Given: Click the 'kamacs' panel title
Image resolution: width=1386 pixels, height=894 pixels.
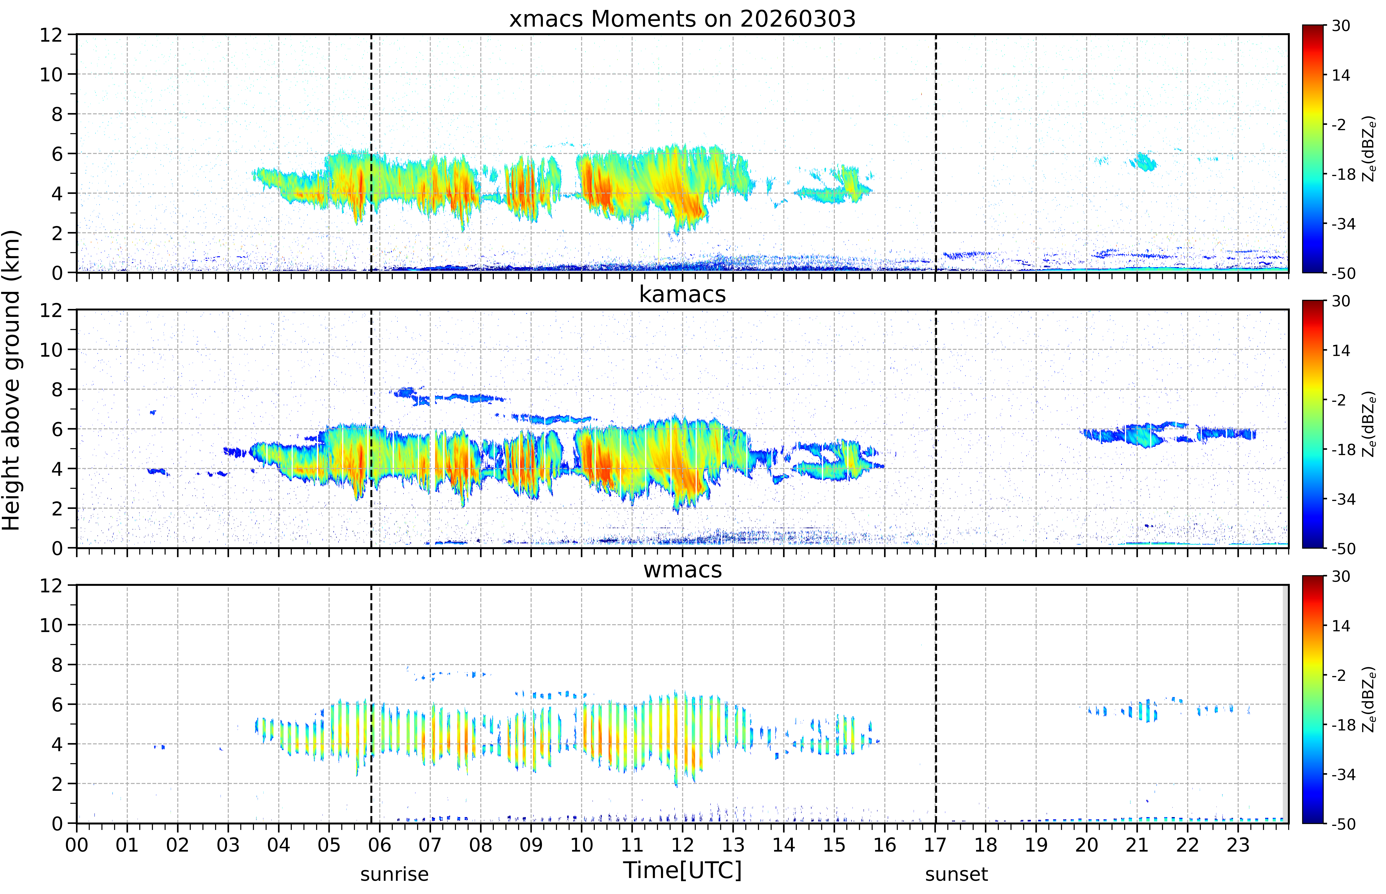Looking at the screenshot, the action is coord(682,294).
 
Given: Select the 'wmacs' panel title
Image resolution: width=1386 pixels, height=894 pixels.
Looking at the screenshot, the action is coord(682,569).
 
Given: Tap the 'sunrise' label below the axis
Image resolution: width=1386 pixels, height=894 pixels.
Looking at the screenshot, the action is coord(394,874).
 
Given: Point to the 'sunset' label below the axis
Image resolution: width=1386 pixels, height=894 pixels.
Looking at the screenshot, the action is coord(956,874).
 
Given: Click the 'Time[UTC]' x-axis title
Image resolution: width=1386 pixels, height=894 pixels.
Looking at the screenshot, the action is coord(682,870).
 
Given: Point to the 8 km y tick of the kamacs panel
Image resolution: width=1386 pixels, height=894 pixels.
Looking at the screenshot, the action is coord(57,390).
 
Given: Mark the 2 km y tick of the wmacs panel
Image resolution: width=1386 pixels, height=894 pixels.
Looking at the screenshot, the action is coord(57,784).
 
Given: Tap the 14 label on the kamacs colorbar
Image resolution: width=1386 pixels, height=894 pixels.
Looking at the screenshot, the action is coord(1341,351).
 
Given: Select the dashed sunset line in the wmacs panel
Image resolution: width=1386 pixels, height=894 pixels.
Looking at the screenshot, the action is coord(936,704).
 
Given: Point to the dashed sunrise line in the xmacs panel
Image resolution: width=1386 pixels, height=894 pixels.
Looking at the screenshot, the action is coord(371,153).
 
